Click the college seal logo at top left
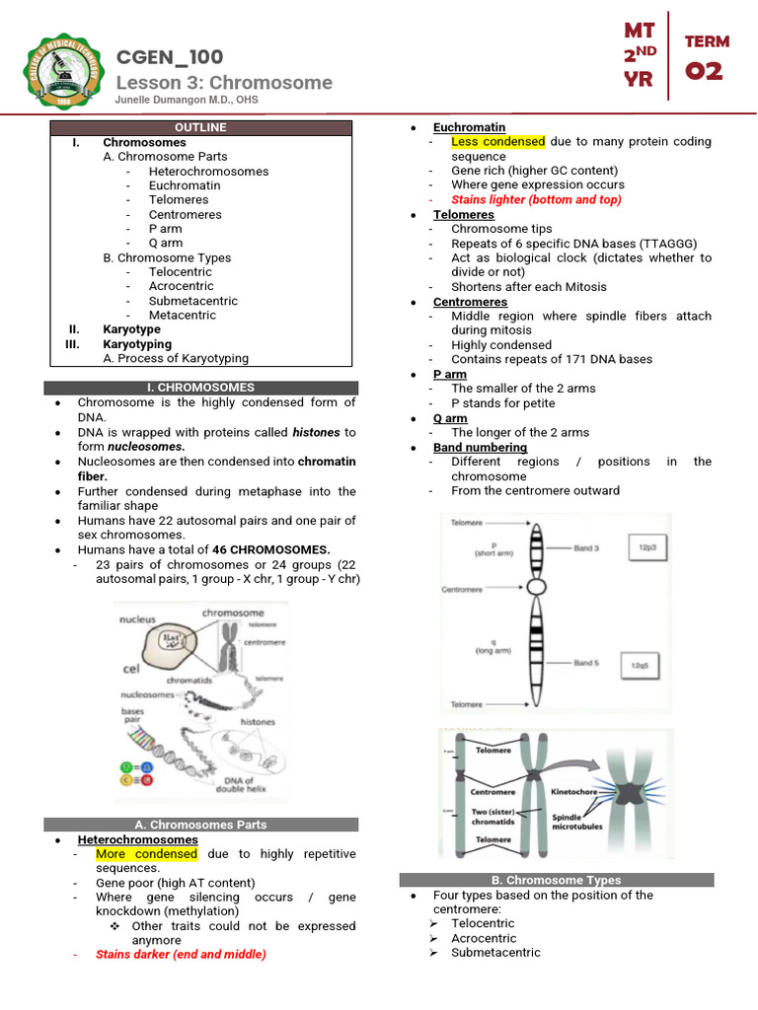click(x=60, y=72)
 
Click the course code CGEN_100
click(x=170, y=57)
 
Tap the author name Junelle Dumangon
click(x=189, y=100)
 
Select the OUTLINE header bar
click(x=200, y=127)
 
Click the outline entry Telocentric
click(x=181, y=272)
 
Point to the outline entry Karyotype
click(x=131, y=329)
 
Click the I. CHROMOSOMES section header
click(x=200, y=388)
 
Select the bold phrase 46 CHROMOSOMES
click(x=270, y=549)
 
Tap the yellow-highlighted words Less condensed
click(x=497, y=142)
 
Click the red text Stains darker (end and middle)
click(x=181, y=955)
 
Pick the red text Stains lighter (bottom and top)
click(x=536, y=199)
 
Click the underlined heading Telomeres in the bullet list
click(x=463, y=214)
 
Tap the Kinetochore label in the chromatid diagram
click(x=575, y=791)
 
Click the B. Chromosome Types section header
click(x=556, y=880)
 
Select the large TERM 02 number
click(x=707, y=71)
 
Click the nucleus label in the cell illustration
click(x=137, y=619)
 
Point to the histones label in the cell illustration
click(x=258, y=722)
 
